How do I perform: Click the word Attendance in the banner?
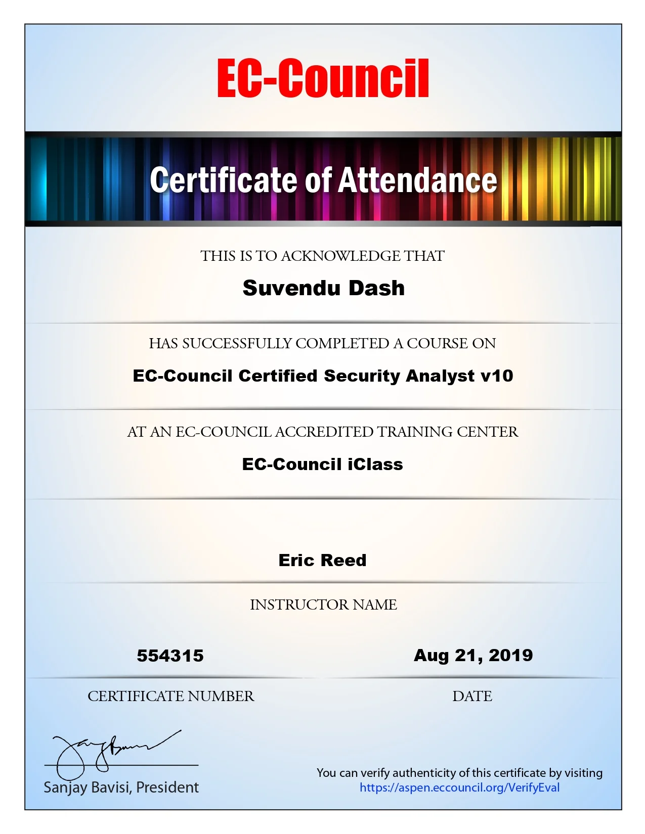tap(417, 180)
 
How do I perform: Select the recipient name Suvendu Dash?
tap(323, 288)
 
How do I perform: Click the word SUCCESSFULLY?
tap(237, 343)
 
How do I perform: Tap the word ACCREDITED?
tap(324, 432)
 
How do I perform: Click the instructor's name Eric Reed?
tap(322, 560)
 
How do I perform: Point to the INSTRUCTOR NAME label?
tap(323, 605)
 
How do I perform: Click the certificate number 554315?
tap(170, 656)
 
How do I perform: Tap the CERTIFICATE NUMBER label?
tap(170, 696)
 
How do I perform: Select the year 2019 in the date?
tap(511, 655)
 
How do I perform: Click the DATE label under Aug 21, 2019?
tap(472, 696)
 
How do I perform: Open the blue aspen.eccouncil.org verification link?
tap(459, 787)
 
